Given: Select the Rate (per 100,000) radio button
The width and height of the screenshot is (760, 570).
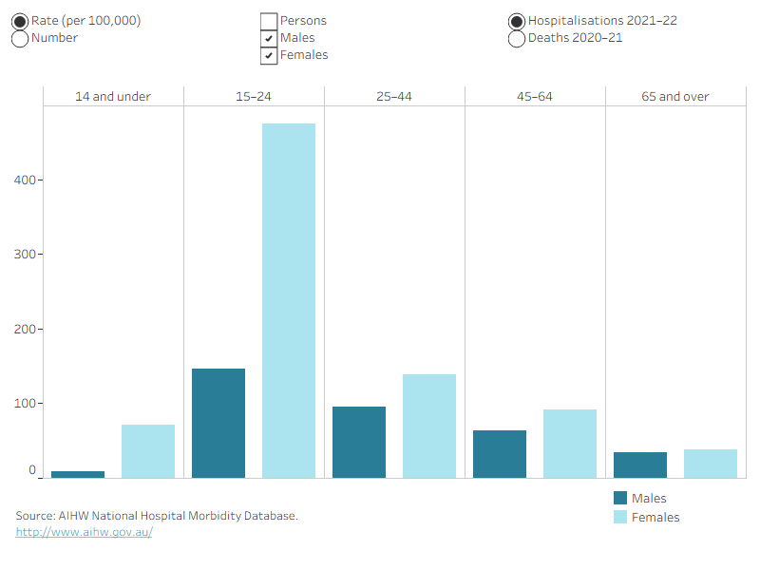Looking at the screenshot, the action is (x=20, y=21).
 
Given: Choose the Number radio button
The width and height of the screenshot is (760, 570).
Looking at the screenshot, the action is (x=20, y=39).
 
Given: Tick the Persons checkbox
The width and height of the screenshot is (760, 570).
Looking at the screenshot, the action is (x=269, y=21).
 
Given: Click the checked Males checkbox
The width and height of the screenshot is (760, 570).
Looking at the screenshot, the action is (x=269, y=38).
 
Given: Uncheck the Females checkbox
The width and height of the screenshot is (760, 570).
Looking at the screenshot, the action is (x=269, y=56).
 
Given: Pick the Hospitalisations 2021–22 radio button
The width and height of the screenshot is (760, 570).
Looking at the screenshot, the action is (x=517, y=21).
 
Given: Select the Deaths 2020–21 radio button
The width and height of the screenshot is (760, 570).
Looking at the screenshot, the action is (x=517, y=39).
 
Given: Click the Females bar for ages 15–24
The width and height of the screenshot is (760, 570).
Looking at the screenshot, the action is (x=289, y=300).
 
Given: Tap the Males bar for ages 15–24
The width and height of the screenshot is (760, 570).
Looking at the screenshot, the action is (x=218, y=423).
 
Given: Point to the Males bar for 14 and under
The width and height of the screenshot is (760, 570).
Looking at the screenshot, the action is (x=78, y=474).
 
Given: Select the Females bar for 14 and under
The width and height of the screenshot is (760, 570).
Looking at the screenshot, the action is (x=148, y=451).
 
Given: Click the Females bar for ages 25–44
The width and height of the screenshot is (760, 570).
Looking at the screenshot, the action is (x=429, y=426).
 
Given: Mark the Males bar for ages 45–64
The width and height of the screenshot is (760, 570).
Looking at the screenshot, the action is (x=500, y=454).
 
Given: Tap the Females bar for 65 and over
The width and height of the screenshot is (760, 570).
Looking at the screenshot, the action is (x=711, y=464).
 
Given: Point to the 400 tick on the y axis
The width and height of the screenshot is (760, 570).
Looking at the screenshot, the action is (x=41, y=180).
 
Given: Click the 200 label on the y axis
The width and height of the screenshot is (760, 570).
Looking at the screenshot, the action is (x=25, y=329).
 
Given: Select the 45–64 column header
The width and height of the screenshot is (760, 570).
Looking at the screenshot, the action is (x=535, y=97).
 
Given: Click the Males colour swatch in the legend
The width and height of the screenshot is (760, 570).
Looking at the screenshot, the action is (x=620, y=498).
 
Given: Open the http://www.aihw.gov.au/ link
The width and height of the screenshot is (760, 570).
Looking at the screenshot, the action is (x=84, y=532).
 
